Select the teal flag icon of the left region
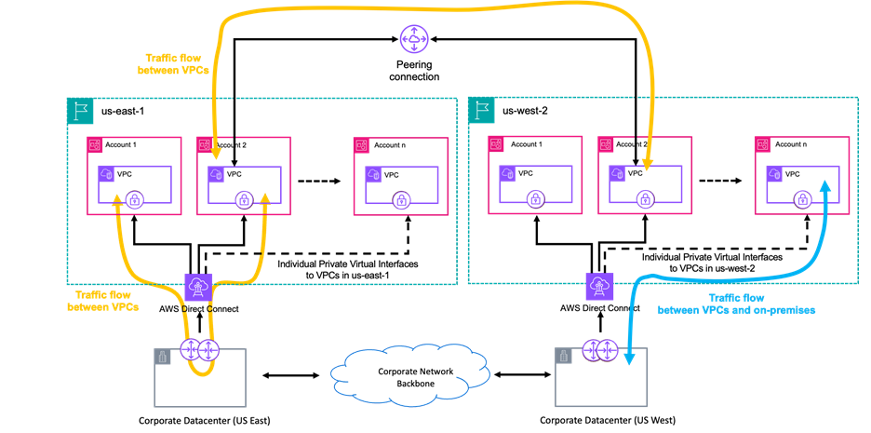[78, 110]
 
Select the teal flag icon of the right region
[480, 110]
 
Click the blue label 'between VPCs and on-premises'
[736, 309]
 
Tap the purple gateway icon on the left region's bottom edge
[197, 285]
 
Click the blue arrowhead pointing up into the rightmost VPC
[824, 186]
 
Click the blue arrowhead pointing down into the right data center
[628, 359]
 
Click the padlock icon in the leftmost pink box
[134, 198]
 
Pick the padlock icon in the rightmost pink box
[801, 198]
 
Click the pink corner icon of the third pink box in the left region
[361, 145]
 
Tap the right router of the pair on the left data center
[208, 350]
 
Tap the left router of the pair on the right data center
[593, 350]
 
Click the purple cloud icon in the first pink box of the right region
[507, 173]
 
